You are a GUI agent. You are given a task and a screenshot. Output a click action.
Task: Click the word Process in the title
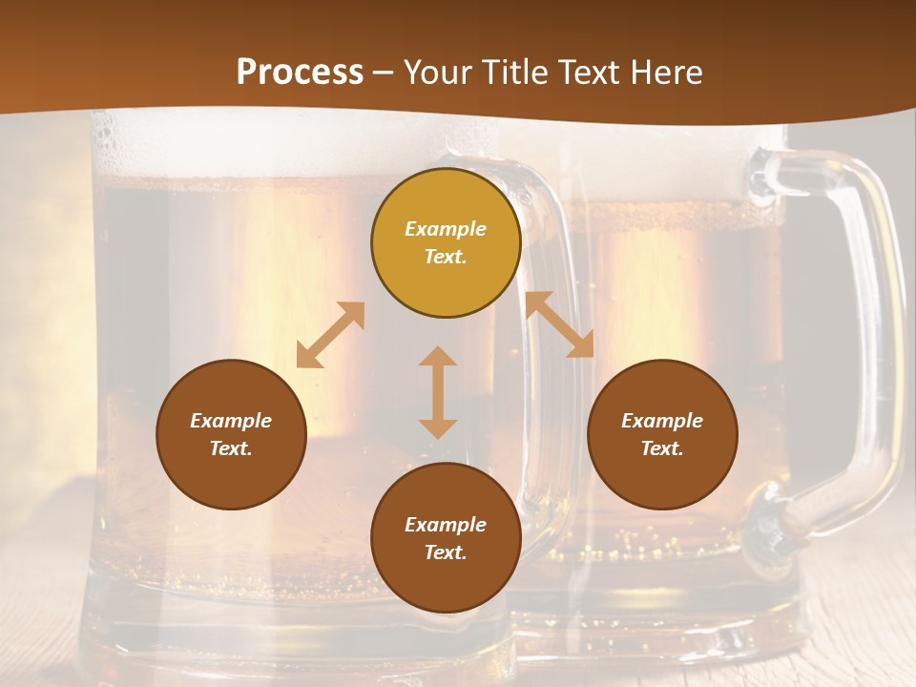coord(300,73)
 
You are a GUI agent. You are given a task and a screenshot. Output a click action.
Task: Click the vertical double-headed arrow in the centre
coord(438,392)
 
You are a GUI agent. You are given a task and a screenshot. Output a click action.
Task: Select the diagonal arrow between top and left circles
coord(330,334)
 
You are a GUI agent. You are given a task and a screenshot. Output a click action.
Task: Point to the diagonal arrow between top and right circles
coord(560,324)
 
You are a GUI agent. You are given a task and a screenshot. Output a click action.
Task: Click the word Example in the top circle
coord(446,229)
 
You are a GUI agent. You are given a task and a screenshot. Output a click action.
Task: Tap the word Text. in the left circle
coord(231,448)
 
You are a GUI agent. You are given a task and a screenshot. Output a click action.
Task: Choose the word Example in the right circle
coord(662,421)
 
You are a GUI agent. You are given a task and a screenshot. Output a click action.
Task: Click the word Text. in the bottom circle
coord(446,552)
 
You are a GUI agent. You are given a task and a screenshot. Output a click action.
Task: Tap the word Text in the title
coord(582,73)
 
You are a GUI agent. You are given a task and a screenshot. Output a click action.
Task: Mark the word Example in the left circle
coord(231,421)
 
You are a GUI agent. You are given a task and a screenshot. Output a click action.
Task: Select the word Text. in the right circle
coord(662,448)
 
